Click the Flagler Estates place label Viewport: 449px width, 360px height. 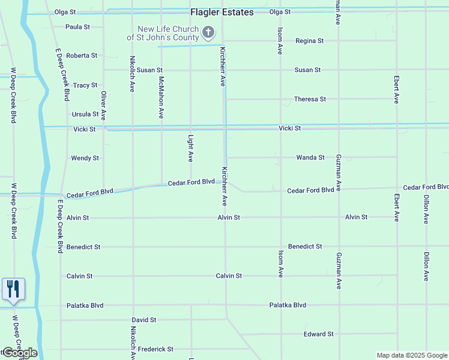(222, 12)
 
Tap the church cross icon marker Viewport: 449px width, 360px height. (208, 32)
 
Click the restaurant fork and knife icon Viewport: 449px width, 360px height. (13, 289)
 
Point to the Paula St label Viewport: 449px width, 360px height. (77, 27)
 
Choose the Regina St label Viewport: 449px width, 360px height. (309, 41)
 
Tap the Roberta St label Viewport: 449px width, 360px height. (82, 55)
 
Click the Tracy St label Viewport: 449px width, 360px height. (85, 85)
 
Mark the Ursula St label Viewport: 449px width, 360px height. (85, 114)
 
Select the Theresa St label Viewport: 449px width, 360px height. (310, 99)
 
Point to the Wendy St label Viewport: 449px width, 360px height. (85, 158)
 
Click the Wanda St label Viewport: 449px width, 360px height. (310, 157)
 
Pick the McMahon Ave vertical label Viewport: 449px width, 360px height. (161, 97)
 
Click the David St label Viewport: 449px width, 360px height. (144, 320)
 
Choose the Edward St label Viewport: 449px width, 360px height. (318, 334)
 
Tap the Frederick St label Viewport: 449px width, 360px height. (155, 349)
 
